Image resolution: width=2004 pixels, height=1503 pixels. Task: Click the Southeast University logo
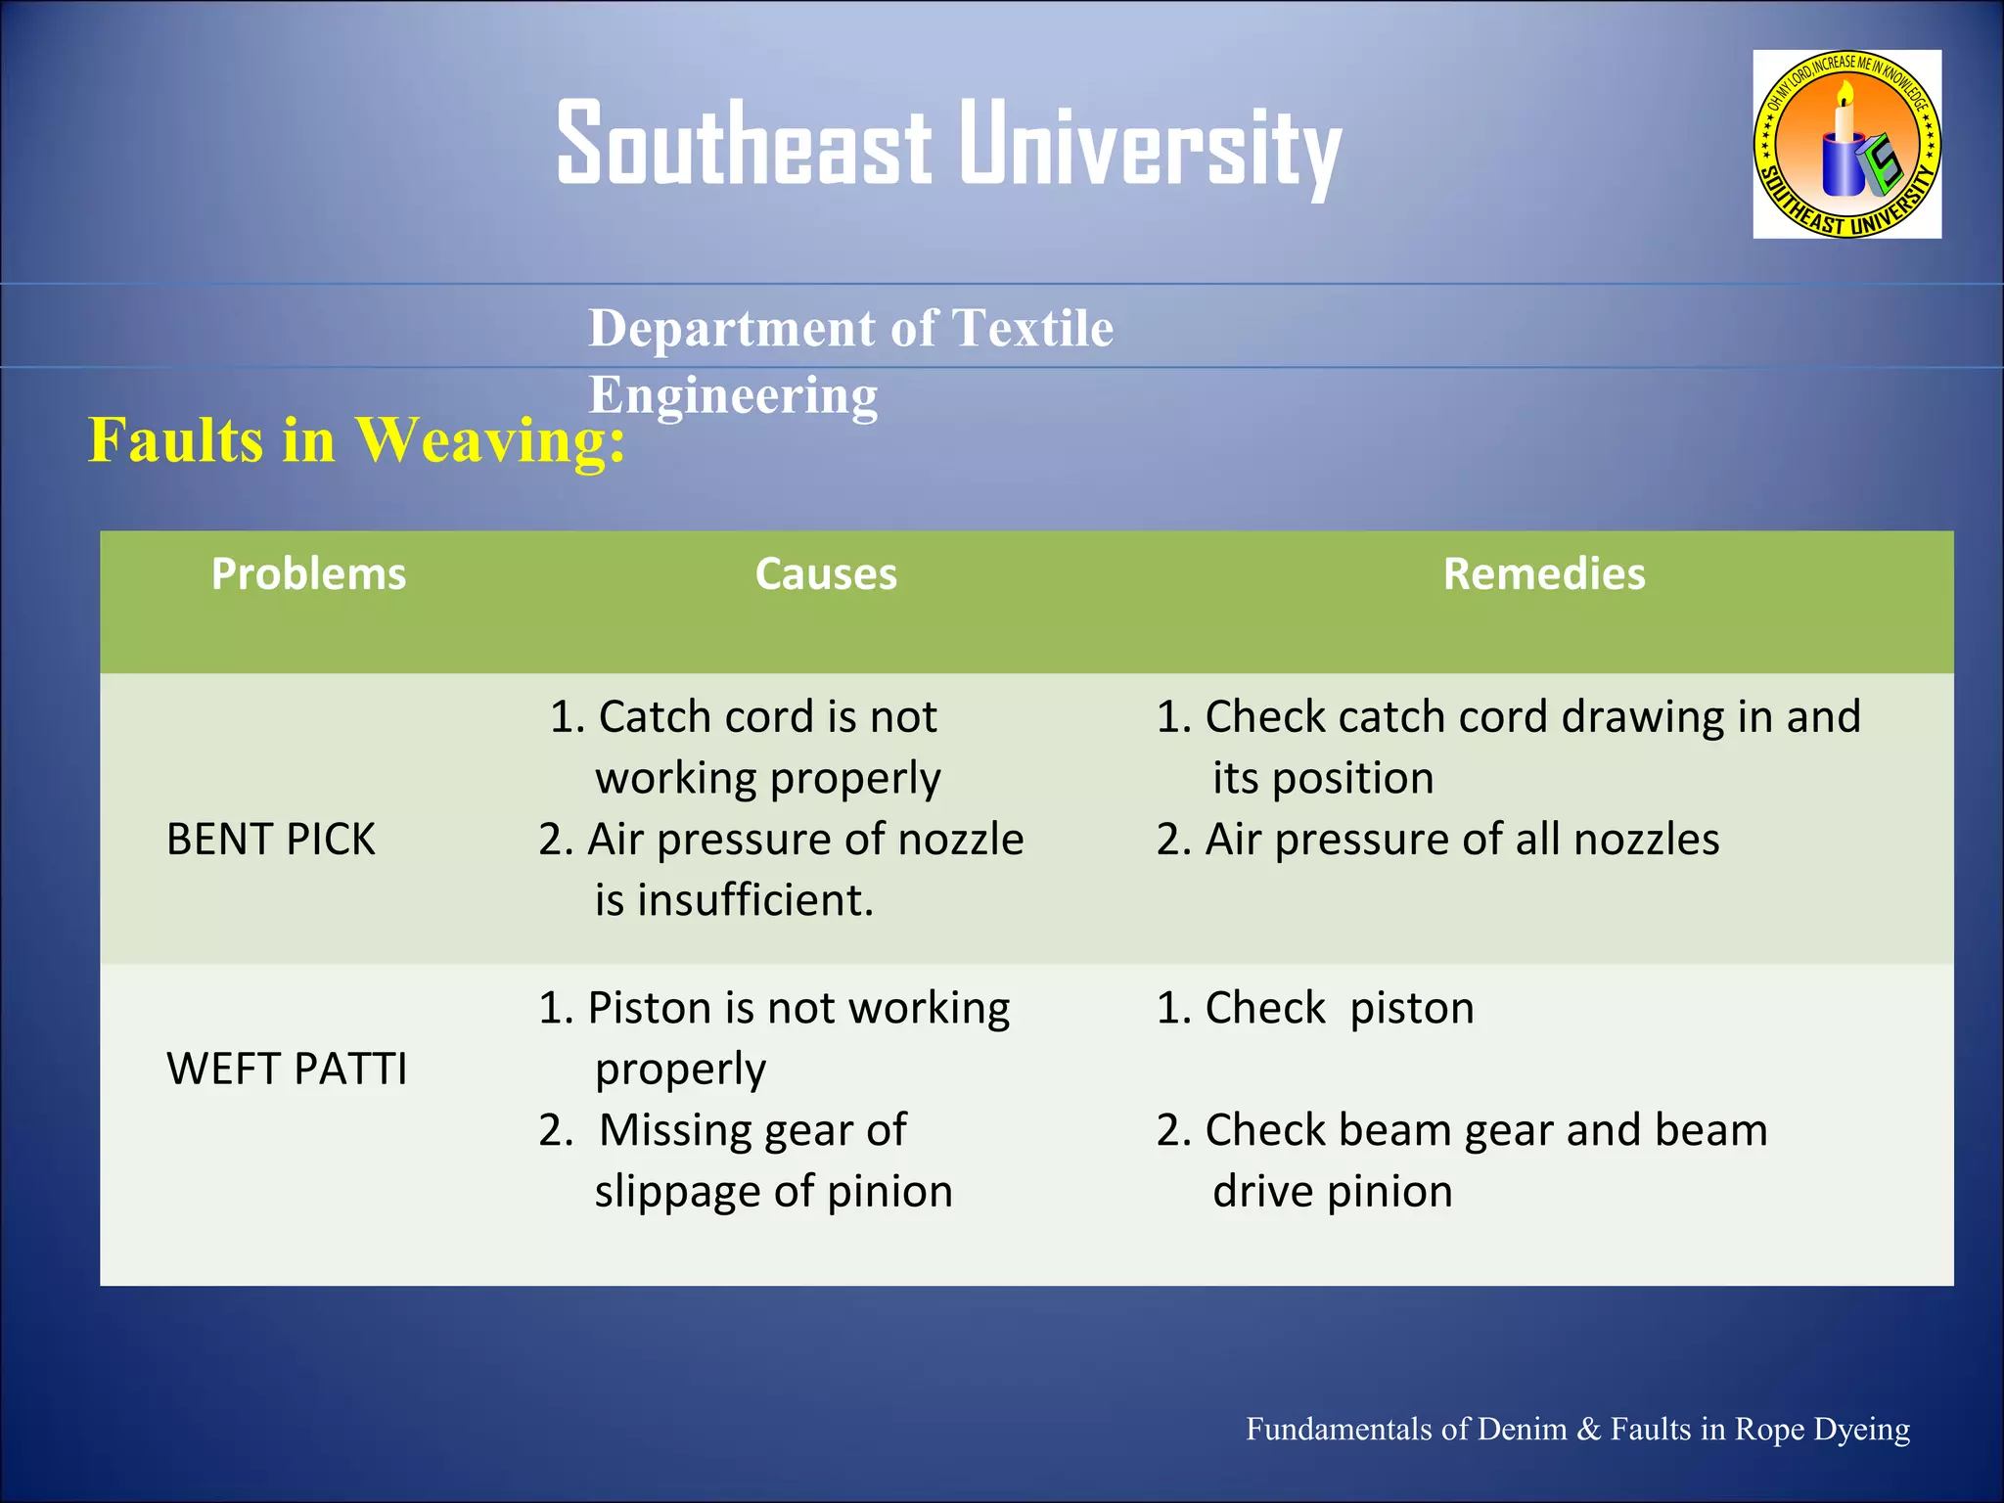pyautogui.click(x=1846, y=144)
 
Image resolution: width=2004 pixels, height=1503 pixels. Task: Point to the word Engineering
pyautogui.click(x=733, y=395)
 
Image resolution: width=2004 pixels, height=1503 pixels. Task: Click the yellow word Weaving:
pyautogui.click(x=489, y=440)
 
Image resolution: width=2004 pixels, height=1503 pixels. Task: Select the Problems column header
pyautogui.click(x=308, y=574)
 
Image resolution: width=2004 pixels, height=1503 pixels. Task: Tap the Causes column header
pyautogui.click(x=826, y=574)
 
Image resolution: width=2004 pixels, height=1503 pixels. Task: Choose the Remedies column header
pyautogui.click(x=1544, y=574)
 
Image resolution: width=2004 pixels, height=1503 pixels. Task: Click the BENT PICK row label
pyautogui.click(x=271, y=840)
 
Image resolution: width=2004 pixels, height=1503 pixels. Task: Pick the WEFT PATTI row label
pyautogui.click(x=287, y=1069)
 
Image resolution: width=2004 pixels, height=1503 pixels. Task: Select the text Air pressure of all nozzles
pyautogui.click(x=1462, y=840)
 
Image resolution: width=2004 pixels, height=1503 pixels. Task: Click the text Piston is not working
pyautogui.click(x=797, y=1008)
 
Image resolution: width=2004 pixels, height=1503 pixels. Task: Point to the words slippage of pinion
pyautogui.click(x=773, y=1192)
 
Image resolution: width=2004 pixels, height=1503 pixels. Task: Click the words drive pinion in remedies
pyautogui.click(x=1332, y=1192)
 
